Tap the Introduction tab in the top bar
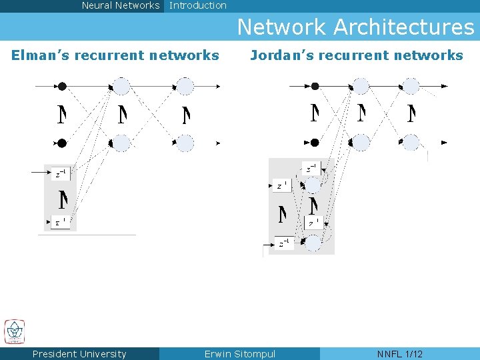click(198, 5)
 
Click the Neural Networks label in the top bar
click(121, 5)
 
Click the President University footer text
click(79, 354)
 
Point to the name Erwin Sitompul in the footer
click(240, 354)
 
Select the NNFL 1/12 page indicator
click(400, 354)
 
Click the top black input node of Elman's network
click(62, 86)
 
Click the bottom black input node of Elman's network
click(62, 143)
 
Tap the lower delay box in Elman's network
click(61, 222)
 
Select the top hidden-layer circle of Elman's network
click(121, 86)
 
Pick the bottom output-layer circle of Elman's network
click(184, 143)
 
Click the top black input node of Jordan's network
click(315, 86)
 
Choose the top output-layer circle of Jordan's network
click(411, 86)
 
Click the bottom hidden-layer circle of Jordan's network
click(361, 142)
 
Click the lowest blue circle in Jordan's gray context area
click(313, 243)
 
